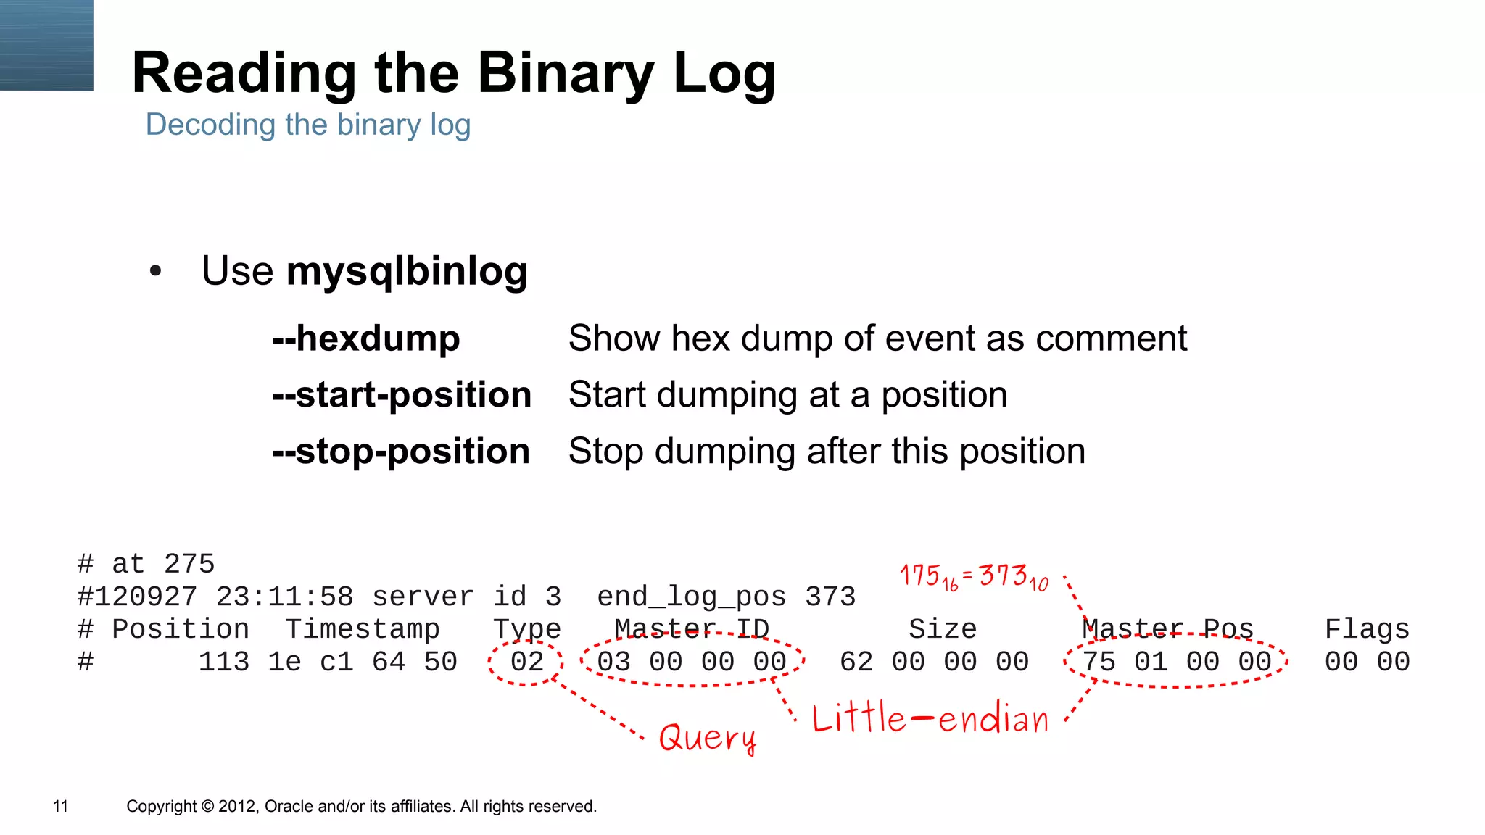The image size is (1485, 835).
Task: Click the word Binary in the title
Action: click(x=566, y=73)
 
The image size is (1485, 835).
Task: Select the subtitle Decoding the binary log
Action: click(x=308, y=125)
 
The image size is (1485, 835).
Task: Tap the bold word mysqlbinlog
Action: click(x=407, y=271)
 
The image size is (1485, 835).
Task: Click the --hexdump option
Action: click(x=366, y=338)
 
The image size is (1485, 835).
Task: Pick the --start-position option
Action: click(x=402, y=395)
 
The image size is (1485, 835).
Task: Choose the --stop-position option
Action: click(x=401, y=452)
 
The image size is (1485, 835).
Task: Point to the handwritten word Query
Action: click(x=708, y=738)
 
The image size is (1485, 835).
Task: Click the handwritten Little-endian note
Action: click(x=930, y=718)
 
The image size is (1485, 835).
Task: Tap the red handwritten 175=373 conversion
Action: click(x=974, y=577)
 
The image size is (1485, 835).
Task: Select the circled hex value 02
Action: click(x=526, y=662)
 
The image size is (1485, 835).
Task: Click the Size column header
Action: click(x=943, y=629)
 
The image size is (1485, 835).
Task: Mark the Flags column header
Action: click(x=1367, y=629)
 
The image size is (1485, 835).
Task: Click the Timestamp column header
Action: click(x=362, y=629)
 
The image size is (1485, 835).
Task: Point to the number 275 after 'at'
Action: click(x=189, y=564)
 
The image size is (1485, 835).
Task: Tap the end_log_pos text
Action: click(x=691, y=597)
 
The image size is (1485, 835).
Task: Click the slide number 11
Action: click(x=61, y=806)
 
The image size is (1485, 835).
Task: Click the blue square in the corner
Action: click(x=46, y=45)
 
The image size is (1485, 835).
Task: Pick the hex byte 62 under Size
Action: click(x=856, y=662)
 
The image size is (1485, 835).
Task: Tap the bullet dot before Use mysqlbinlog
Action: click(x=155, y=272)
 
